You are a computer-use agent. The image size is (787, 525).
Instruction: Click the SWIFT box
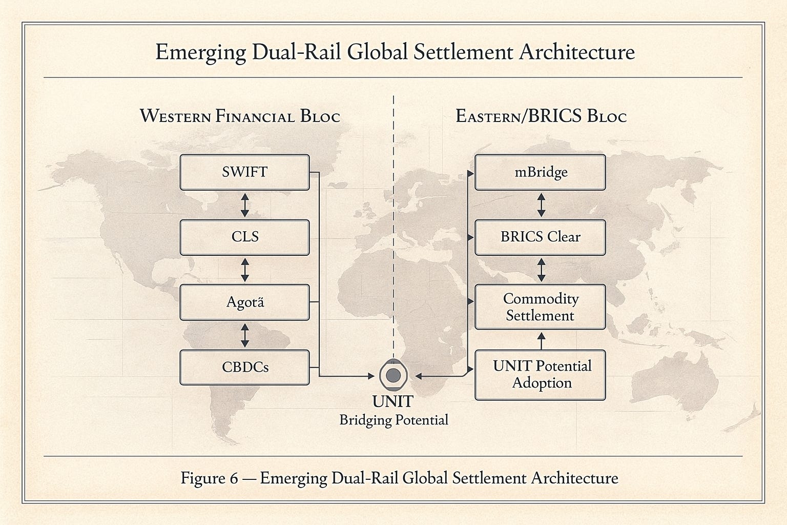244,172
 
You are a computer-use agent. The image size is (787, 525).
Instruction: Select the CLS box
244,237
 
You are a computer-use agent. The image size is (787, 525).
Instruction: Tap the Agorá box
244,302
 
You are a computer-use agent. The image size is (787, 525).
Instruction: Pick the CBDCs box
244,368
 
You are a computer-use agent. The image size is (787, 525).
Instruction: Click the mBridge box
540,172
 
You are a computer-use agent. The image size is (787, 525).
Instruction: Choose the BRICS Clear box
540,237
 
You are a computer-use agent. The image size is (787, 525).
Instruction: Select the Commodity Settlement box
540,307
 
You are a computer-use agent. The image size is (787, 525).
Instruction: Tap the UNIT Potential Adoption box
540,375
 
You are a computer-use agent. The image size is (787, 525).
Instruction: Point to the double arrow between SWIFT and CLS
244,205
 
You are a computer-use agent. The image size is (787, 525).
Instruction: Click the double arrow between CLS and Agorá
244,270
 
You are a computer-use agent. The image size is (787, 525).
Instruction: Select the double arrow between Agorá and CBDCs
244,335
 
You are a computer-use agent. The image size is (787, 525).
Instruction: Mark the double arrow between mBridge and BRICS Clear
541,205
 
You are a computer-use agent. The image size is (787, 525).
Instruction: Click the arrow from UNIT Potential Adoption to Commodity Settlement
541,340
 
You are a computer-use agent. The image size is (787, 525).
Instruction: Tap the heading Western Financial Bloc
240,116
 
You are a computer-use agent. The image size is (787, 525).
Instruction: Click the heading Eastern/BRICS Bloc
541,116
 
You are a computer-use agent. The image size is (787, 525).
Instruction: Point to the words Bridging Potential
393,420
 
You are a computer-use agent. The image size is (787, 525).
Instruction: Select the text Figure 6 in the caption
210,478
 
